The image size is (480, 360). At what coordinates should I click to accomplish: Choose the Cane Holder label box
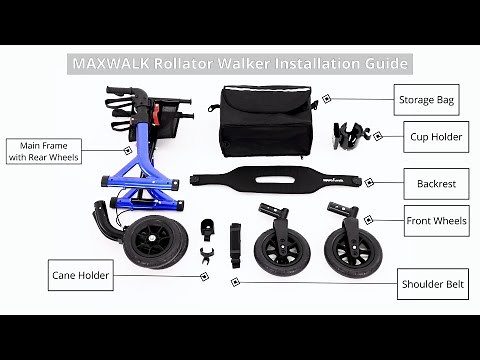pyautogui.click(x=81, y=275)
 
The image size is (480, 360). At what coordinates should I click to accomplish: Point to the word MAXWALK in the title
pyautogui.click(x=106, y=63)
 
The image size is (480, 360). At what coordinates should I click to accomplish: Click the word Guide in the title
pyautogui.click(x=384, y=63)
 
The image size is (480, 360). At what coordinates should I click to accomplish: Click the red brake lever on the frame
pyautogui.click(x=157, y=112)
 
